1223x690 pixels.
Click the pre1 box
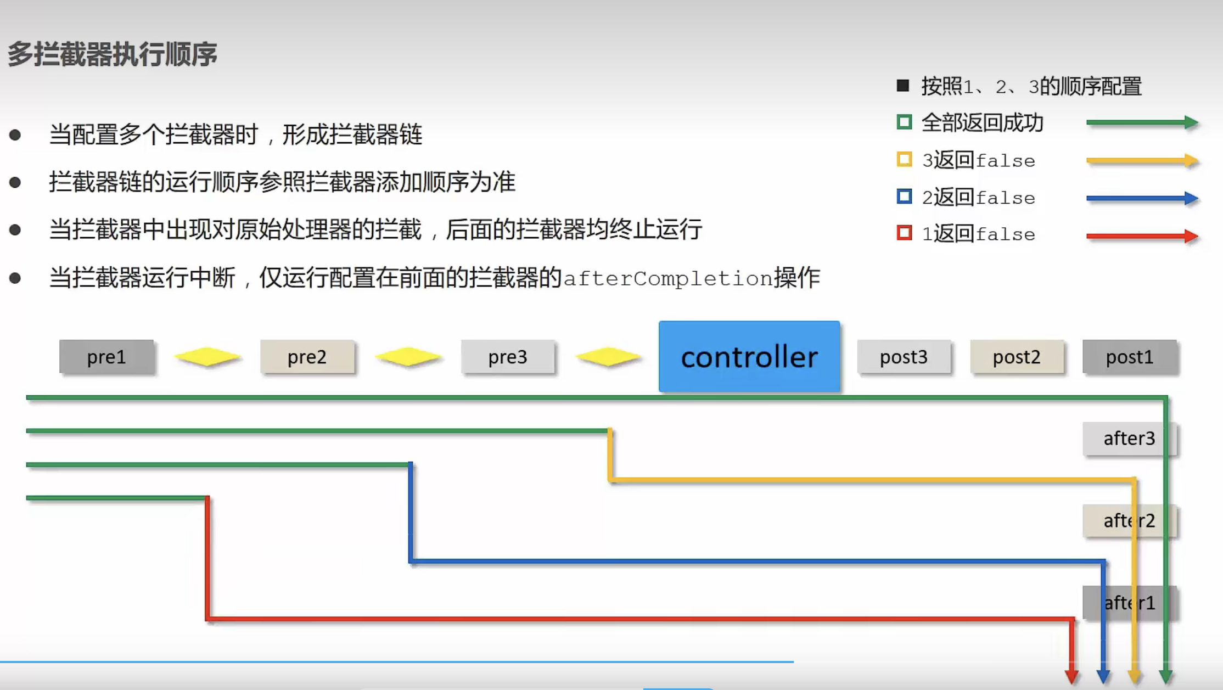pos(106,357)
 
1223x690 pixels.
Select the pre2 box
pos(307,357)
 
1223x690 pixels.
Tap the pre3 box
pos(508,357)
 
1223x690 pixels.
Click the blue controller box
pos(749,356)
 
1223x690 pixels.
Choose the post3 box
pos(904,357)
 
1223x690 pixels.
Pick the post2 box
pos(1017,357)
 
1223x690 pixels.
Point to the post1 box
pos(1130,357)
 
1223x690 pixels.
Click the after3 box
pos(1129,439)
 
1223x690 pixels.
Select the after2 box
pos(1129,520)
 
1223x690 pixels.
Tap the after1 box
pos(1129,603)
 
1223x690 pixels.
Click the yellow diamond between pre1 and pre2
pos(207,357)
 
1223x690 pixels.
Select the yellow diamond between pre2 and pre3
pos(408,357)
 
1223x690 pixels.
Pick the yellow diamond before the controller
pos(608,357)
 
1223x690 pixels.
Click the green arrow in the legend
pos(1142,122)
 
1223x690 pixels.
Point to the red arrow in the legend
pos(1142,236)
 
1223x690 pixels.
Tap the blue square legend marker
pos(904,197)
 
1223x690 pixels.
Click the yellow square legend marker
pos(904,159)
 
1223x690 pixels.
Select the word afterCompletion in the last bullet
pos(668,279)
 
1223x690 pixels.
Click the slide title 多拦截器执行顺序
pos(113,54)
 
